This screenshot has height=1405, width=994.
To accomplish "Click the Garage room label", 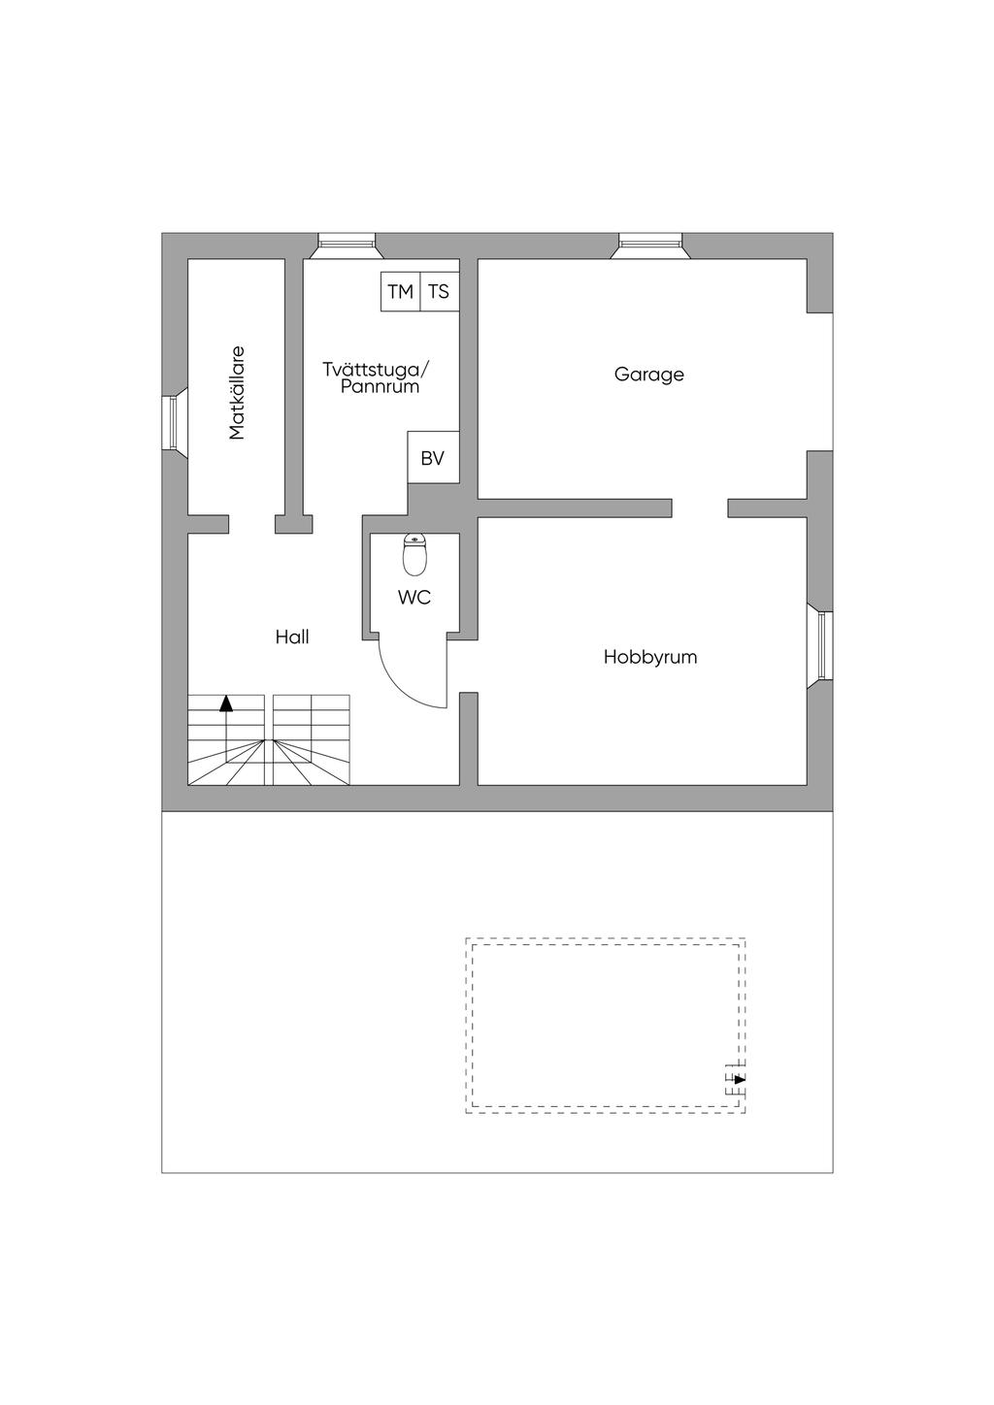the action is click(648, 375).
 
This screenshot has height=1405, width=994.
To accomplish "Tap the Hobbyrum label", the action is click(650, 657).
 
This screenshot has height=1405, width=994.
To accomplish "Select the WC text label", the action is click(414, 597).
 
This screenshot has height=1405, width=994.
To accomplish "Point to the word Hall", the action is click(292, 637).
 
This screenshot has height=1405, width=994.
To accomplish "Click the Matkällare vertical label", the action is click(237, 393).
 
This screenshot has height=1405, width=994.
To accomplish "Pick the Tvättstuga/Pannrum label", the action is click(377, 377).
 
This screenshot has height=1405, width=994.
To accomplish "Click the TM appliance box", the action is click(400, 292).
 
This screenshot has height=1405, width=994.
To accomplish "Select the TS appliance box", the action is click(440, 292).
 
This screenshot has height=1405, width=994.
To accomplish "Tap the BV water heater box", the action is click(433, 457).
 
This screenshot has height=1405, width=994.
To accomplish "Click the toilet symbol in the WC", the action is click(414, 554).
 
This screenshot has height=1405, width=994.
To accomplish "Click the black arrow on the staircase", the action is click(226, 703).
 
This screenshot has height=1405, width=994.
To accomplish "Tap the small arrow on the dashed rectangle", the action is click(740, 1079).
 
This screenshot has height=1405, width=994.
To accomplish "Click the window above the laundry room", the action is click(347, 245).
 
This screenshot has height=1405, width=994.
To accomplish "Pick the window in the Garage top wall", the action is click(650, 245).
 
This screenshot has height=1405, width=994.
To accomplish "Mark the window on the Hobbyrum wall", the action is click(820, 646).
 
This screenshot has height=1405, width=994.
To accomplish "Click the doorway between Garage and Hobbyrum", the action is click(700, 508).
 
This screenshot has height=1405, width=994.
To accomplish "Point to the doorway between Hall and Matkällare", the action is click(251, 524).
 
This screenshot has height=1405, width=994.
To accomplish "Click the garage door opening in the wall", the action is click(819, 381).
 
